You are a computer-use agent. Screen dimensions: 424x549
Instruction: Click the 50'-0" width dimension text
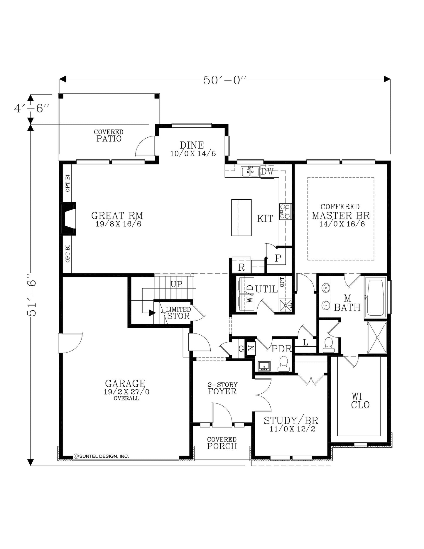(x=225, y=80)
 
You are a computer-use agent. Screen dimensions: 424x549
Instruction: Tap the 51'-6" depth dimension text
(x=31, y=295)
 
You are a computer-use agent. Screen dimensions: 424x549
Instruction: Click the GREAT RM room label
(x=117, y=215)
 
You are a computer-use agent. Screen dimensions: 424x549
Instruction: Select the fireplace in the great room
(x=68, y=218)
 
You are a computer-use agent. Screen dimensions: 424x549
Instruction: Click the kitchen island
(x=241, y=218)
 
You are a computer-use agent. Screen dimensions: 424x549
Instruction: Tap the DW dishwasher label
(x=267, y=172)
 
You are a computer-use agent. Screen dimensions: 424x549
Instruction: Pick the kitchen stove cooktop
(x=285, y=211)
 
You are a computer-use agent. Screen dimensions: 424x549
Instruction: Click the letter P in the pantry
(x=278, y=258)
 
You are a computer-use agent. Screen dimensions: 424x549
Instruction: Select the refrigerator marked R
(x=241, y=265)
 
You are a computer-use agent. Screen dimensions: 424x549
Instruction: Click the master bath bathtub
(x=376, y=298)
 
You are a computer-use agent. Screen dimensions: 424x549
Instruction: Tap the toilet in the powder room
(x=284, y=364)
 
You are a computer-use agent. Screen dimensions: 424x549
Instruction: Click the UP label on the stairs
(x=177, y=284)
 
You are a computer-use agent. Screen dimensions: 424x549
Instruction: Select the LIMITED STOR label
(x=178, y=313)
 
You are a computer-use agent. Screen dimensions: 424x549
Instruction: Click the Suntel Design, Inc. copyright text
(x=101, y=456)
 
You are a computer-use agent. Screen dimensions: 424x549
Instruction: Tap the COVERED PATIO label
(x=109, y=136)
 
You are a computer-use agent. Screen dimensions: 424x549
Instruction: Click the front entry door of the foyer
(x=222, y=415)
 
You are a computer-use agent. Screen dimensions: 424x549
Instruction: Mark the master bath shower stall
(x=377, y=338)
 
